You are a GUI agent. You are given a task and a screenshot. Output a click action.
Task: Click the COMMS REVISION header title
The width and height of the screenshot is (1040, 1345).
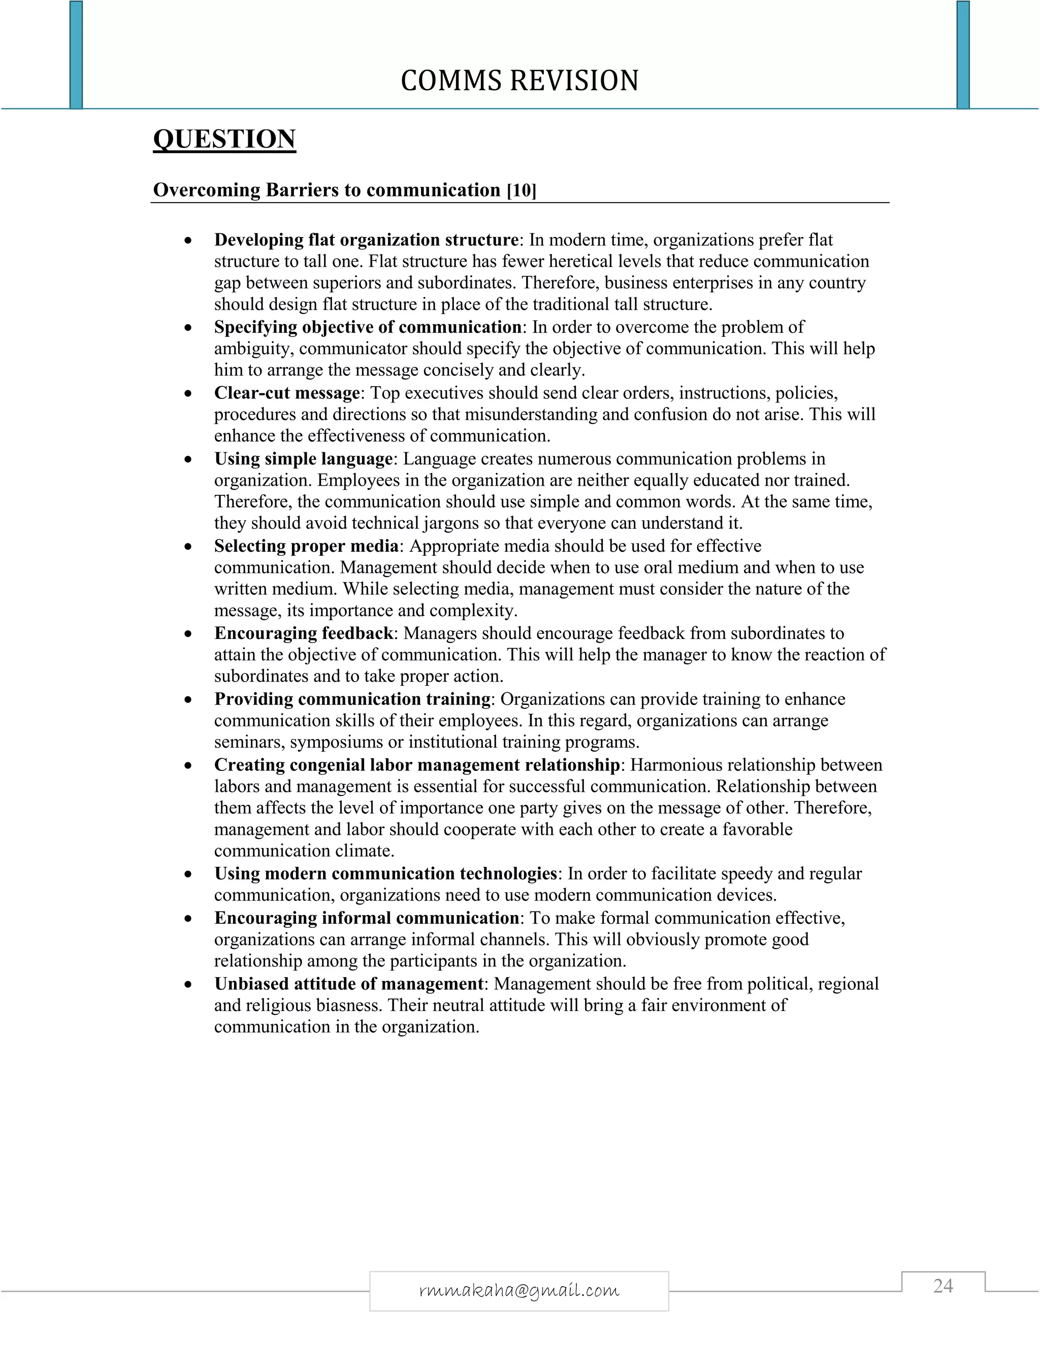[x=519, y=81]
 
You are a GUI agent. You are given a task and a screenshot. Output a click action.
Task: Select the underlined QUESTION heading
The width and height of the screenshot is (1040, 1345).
[x=224, y=139]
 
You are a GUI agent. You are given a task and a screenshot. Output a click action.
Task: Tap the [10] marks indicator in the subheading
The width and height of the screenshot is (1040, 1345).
[x=521, y=190]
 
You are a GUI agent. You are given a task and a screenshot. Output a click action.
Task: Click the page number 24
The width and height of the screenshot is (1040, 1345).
[x=942, y=1286]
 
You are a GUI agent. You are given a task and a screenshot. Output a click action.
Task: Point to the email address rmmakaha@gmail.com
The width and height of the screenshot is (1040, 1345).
[x=519, y=1290]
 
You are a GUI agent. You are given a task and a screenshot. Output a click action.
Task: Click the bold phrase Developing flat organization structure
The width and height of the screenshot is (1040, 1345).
[x=366, y=240]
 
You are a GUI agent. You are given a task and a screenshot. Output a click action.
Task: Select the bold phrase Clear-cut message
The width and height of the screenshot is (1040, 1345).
[x=286, y=393]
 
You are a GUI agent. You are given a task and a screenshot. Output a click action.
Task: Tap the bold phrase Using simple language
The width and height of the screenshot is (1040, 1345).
[x=303, y=459]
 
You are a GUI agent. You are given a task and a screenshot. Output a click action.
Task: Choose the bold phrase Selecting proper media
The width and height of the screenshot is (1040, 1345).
[x=306, y=546]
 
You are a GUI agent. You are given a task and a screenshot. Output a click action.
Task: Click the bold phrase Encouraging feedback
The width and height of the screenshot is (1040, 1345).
[x=303, y=633]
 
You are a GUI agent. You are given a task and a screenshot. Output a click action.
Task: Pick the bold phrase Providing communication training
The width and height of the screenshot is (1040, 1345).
[x=352, y=699]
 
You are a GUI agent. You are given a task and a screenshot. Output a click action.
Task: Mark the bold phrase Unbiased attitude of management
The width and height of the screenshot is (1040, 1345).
[x=348, y=984]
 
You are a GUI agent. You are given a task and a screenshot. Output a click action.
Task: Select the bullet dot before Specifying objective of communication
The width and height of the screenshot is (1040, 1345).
[x=188, y=328]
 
